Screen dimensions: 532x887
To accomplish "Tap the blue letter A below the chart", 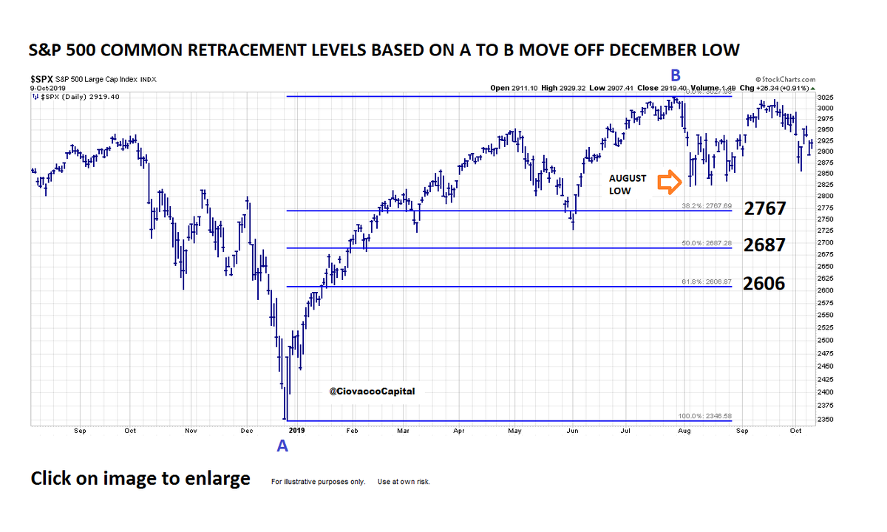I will [282, 445].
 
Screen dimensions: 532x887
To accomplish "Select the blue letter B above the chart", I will [675, 75].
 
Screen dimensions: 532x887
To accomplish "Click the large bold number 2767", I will [764, 208].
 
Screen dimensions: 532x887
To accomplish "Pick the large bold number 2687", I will [764, 245].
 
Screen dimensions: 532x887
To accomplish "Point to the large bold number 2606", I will [764, 283].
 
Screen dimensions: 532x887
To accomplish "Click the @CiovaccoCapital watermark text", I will [372, 391].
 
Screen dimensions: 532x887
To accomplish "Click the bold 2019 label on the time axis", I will [296, 429].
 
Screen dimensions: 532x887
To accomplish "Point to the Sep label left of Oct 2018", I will [80, 429].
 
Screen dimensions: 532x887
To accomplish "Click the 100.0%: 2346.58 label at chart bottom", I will [703, 416].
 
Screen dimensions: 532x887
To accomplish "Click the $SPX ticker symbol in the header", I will [41, 78].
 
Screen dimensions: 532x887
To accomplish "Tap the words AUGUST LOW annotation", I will [628, 185].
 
